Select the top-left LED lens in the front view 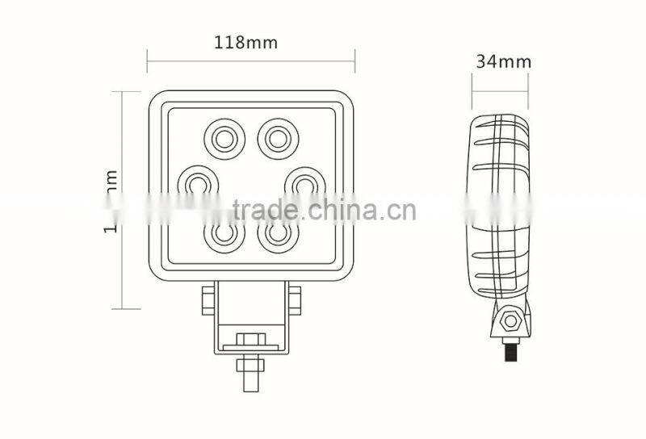click(x=224, y=136)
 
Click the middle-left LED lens click(x=196, y=184)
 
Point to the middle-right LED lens click(x=304, y=184)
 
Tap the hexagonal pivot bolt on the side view click(x=510, y=321)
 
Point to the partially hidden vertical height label click(x=111, y=202)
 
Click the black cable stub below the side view click(x=511, y=352)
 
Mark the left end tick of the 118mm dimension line click(x=147, y=59)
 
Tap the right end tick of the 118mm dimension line click(x=354, y=59)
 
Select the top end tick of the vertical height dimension click(x=120, y=91)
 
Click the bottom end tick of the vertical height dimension click(x=120, y=308)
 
